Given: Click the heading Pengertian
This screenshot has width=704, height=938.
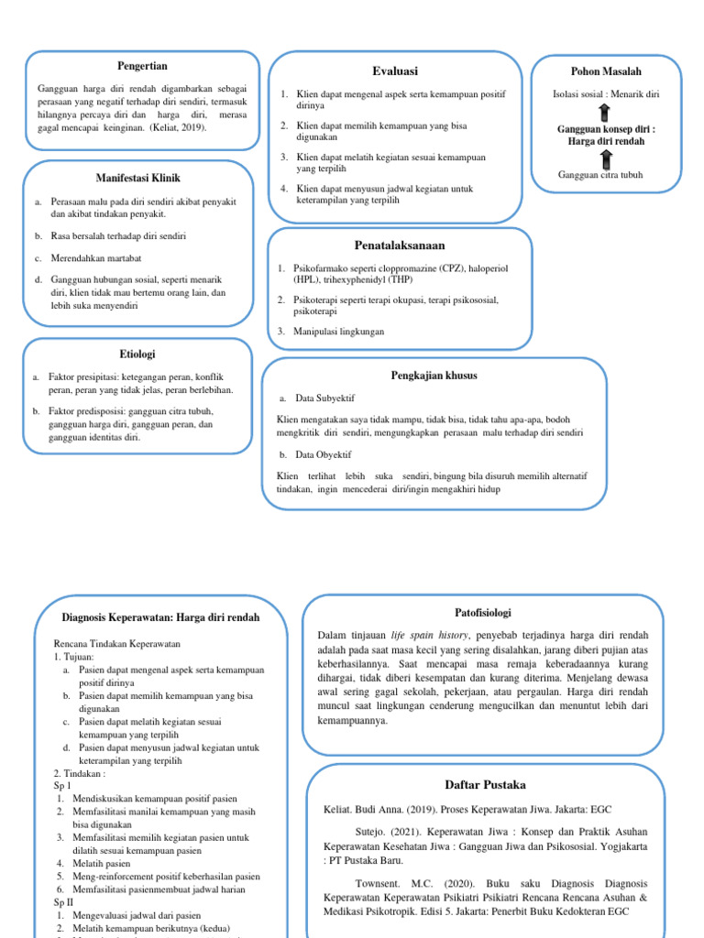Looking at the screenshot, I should click(142, 67).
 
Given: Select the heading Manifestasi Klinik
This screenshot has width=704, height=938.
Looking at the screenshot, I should click(137, 177).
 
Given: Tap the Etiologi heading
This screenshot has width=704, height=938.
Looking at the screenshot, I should click(137, 353).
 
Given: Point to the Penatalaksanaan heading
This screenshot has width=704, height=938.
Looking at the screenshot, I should click(399, 245).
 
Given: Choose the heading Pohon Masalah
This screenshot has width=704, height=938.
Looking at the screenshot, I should click(605, 71).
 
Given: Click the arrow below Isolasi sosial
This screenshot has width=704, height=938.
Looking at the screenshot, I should click(605, 112).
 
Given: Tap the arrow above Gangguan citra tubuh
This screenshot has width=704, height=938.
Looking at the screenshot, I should click(605, 158).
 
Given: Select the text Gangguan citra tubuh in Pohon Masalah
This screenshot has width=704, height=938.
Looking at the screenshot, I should click(600, 175).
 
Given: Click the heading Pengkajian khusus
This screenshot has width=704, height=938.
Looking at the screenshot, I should click(434, 376).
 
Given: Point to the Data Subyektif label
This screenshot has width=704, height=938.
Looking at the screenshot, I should click(325, 398).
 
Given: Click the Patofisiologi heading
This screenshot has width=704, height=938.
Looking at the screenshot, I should click(482, 612).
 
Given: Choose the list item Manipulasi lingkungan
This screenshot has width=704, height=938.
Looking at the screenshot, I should click(340, 332).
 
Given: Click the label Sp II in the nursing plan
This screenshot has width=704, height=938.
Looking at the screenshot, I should click(65, 901).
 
